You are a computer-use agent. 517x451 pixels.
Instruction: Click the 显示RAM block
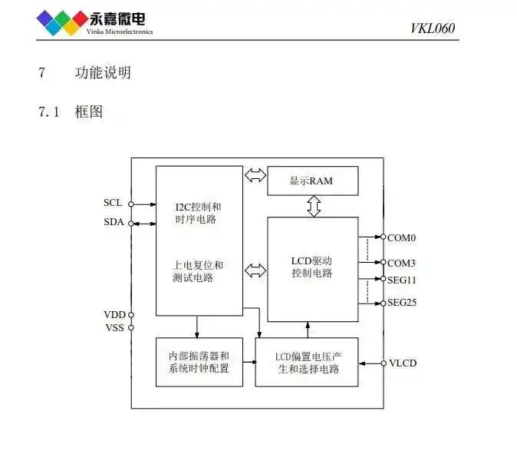(312, 181)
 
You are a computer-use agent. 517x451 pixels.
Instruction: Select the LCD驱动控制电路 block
(312, 268)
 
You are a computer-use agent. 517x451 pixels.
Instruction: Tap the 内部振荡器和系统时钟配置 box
(199, 362)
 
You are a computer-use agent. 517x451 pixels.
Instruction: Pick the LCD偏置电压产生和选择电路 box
(307, 362)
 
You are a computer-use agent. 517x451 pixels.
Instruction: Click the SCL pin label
(112, 204)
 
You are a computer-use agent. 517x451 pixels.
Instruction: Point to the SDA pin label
(112, 223)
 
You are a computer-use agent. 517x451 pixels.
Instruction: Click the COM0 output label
(401, 238)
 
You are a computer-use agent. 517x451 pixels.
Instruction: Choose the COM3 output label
(401, 263)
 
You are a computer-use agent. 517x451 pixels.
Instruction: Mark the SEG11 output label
(402, 279)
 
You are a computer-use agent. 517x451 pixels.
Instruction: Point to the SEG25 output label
(402, 303)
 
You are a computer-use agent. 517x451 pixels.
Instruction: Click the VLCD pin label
(403, 363)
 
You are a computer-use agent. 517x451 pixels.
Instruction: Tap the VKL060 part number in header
(433, 29)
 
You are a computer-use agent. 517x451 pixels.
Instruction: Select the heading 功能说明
(103, 73)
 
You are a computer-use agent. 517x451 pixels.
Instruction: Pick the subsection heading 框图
(89, 112)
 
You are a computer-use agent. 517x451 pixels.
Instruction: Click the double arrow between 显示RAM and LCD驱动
(313, 205)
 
